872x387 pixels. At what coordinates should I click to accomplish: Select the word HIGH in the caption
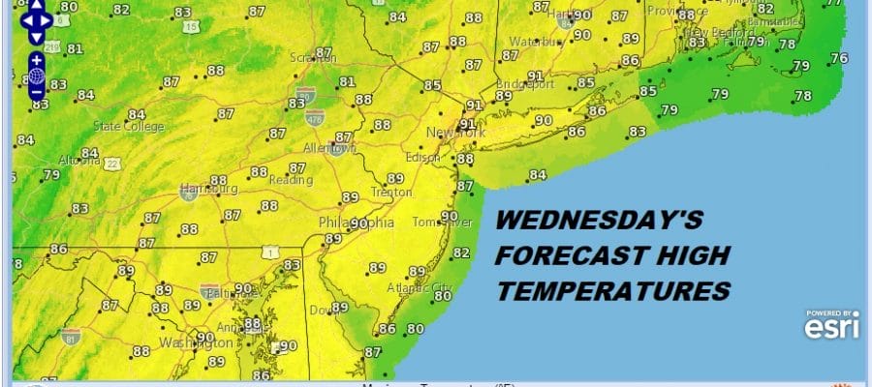(x=685, y=255)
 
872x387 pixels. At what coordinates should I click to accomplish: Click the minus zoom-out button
(x=37, y=92)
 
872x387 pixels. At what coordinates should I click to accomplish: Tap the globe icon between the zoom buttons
(x=37, y=75)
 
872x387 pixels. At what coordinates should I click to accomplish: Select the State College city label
(x=129, y=126)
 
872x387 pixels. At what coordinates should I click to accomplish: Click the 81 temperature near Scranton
(x=348, y=81)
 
